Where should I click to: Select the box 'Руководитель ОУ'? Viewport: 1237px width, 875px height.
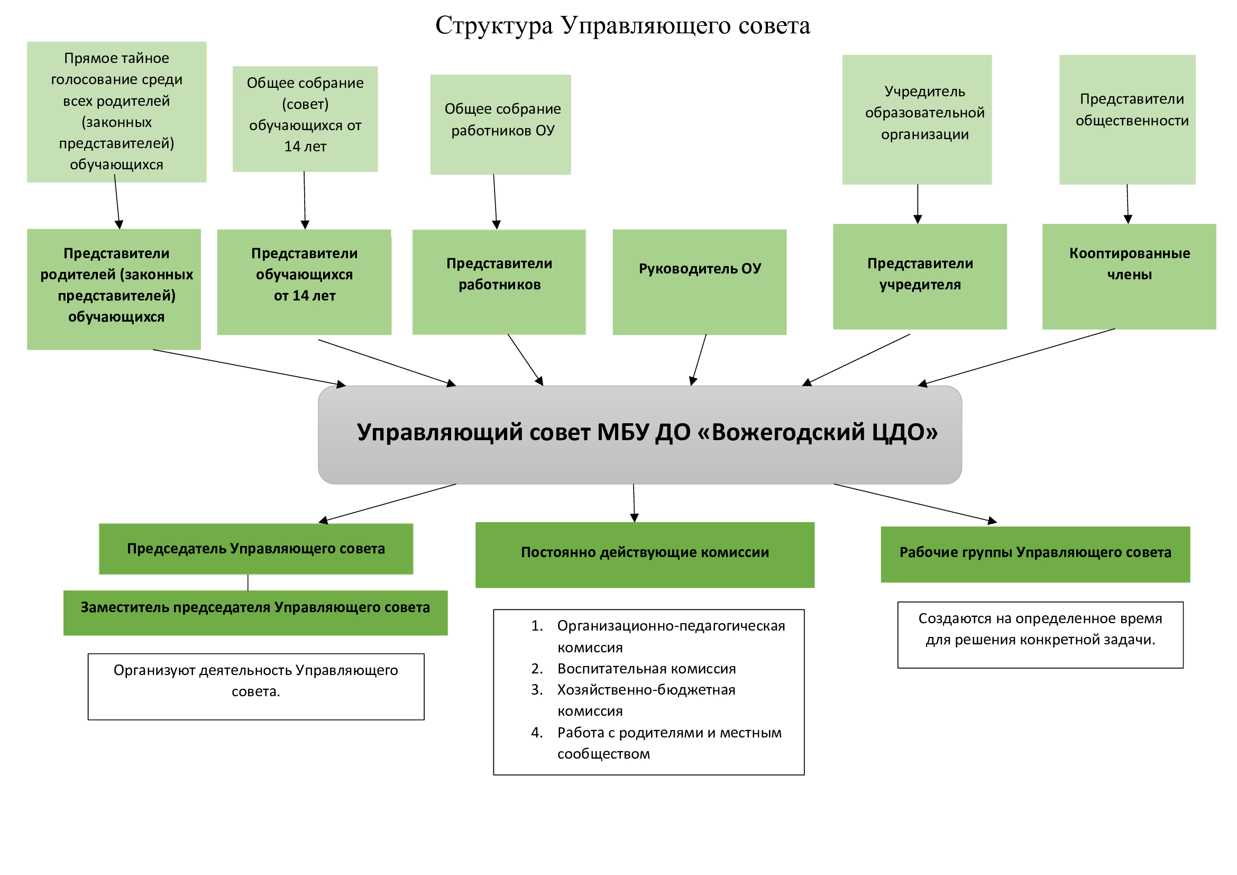click(699, 281)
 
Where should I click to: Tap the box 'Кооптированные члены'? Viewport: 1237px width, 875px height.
click(1129, 276)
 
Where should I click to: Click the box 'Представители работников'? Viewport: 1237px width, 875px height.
click(499, 281)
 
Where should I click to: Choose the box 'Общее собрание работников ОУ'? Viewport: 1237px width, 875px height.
click(500, 124)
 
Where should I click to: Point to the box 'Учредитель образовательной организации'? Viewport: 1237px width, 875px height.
click(917, 119)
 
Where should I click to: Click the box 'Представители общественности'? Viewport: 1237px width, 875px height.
click(1127, 119)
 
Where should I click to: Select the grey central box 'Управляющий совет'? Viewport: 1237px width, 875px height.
click(639, 434)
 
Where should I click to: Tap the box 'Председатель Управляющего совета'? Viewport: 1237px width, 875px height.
click(256, 549)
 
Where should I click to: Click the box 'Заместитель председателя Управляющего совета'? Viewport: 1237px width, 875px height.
click(255, 612)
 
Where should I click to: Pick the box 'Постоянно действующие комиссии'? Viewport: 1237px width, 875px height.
click(644, 554)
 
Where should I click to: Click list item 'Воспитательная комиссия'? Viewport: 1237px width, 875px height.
click(646, 668)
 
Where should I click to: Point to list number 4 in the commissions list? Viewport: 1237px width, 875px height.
click(537, 732)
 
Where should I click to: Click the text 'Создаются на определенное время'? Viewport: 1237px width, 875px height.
click(1039, 618)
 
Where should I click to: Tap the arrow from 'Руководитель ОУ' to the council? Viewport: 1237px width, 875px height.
click(699, 359)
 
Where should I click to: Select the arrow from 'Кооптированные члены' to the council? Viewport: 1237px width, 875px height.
click(1016, 356)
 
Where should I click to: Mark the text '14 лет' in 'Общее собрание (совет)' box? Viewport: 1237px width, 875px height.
click(305, 147)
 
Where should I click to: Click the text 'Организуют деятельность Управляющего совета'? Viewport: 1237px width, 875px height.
click(255, 680)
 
